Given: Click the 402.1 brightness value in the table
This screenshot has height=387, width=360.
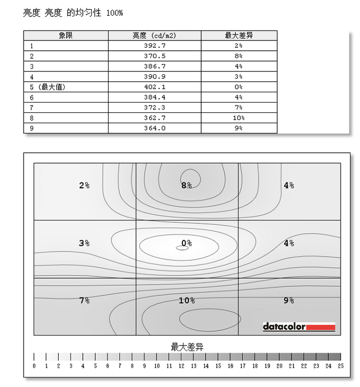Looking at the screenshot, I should tap(154, 87).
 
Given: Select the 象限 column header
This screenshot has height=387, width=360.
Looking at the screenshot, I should tap(66, 35).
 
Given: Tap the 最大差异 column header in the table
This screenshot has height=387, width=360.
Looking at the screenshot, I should tap(239, 35).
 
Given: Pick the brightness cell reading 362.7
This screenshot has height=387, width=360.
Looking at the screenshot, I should tap(154, 118).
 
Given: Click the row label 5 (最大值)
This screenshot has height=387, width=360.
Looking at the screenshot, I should tap(47, 87).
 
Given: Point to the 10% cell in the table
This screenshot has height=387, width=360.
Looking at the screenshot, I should tap(239, 118).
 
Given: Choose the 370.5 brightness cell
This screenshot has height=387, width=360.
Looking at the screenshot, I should tap(154, 56).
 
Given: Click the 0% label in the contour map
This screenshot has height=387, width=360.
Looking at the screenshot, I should tap(186, 243).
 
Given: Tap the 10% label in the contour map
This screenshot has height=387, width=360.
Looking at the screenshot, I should tap(186, 300).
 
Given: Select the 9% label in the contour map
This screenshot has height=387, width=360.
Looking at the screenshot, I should tap(288, 300).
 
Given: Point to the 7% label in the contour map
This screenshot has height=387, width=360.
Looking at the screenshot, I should tap(84, 300).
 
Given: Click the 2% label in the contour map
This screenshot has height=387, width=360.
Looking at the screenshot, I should tap(84, 185).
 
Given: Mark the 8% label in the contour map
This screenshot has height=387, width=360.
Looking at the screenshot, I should tap(186, 185).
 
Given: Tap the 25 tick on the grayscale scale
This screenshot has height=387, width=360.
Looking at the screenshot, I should tap(340, 366).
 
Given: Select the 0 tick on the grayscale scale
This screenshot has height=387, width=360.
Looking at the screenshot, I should tap(34, 366).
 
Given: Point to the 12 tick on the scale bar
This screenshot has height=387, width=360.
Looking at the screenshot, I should tap(181, 366).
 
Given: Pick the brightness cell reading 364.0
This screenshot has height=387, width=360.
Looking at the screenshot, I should tap(154, 128).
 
